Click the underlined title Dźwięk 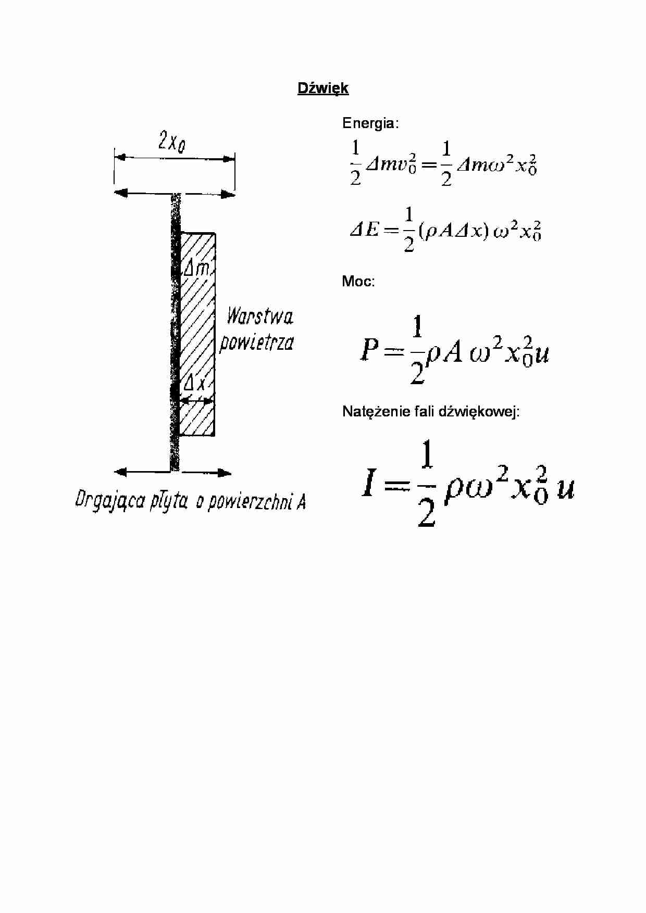point(322,88)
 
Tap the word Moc point(357,282)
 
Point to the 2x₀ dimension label point(172,141)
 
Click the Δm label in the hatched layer point(197,268)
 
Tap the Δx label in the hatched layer point(195,384)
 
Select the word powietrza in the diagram point(256,343)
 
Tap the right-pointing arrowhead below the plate point(225,473)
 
